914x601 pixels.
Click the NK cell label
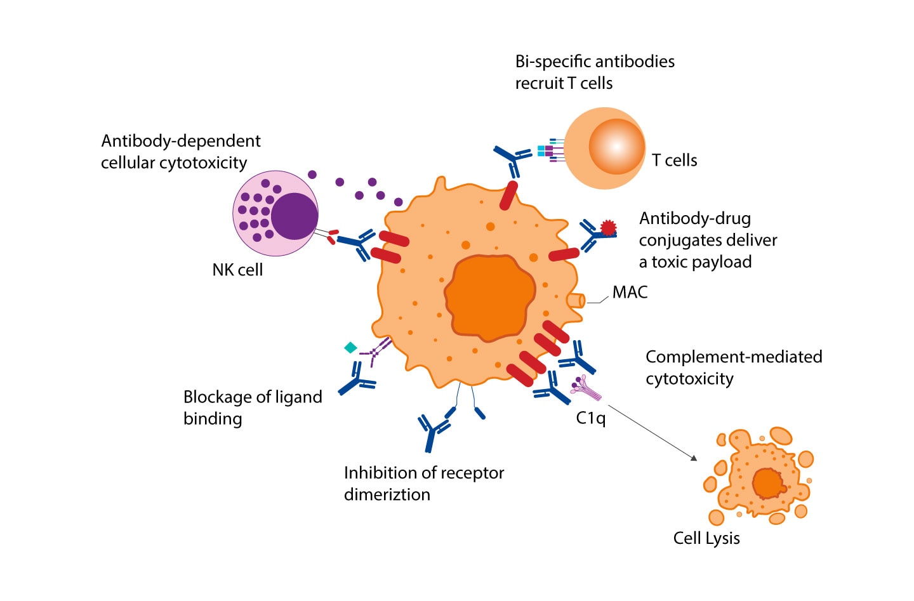[x=237, y=270]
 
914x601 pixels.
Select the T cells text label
[x=674, y=161]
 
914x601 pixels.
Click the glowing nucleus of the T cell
[x=616, y=147]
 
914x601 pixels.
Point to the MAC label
[x=630, y=293]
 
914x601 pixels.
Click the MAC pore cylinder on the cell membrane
[x=576, y=300]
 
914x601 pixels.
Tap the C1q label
[x=590, y=418]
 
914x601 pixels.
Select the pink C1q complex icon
[x=586, y=388]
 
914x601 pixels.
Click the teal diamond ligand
[x=350, y=348]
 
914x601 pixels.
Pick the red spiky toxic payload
[x=608, y=227]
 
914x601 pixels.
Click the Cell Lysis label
[x=706, y=538]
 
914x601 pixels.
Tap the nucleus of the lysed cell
[x=767, y=484]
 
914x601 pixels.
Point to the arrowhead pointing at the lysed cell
[x=694, y=458]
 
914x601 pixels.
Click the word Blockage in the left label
[x=218, y=397]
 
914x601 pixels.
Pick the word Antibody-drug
[x=694, y=218]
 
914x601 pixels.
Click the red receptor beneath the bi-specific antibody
[x=508, y=195]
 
